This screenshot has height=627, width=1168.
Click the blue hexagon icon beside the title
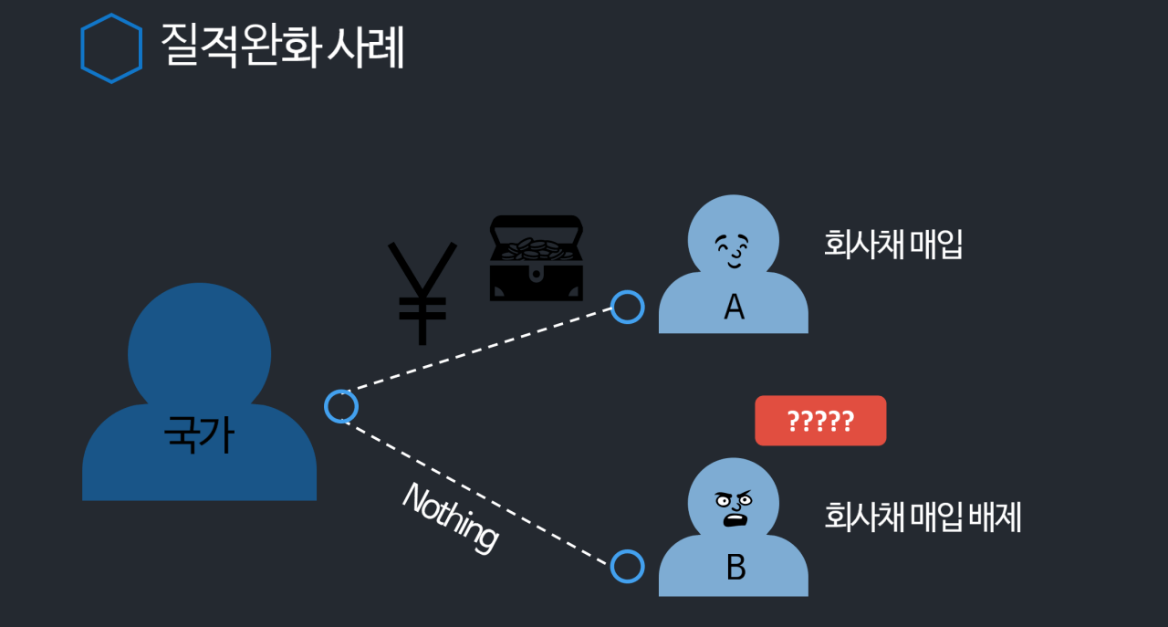coord(111,48)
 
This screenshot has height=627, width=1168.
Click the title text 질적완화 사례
coord(282,46)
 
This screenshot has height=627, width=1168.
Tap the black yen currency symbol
coord(422,291)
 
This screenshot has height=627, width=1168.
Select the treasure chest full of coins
coord(536,258)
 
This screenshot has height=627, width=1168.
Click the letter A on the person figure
coord(734,308)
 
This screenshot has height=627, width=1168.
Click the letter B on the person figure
coord(735,568)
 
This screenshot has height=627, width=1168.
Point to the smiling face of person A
coord(733,249)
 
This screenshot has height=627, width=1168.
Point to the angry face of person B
coord(734,507)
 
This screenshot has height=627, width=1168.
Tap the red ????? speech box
coord(820,421)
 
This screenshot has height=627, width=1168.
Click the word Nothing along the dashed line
coord(451,516)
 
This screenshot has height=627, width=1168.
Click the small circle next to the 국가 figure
coord(340,406)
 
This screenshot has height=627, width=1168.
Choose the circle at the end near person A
coord(627,307)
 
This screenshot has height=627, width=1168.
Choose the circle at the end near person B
coord(627,567)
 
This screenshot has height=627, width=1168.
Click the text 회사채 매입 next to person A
coord(893,245)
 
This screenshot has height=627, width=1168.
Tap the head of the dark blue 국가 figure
coord(199,351)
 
